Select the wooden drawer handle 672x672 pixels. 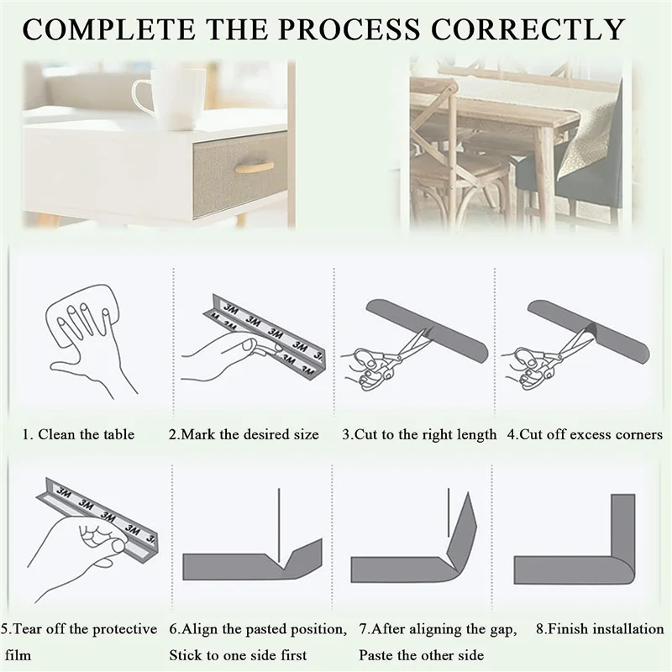[x=255, y=167]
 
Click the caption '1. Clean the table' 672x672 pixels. [x=78, y=434]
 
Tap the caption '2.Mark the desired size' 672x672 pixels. [x=244, y=434]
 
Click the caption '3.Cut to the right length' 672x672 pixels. [x=419, y=434]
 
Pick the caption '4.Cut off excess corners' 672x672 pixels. [x=585, y=434]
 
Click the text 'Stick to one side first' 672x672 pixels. [x=238, y=654]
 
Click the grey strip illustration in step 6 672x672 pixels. [x=244, y=565]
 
